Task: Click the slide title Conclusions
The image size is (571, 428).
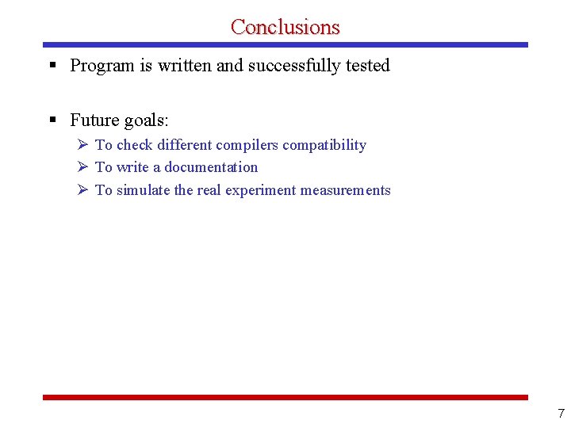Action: tap(285, 26)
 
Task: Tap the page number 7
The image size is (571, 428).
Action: tap(561, 414)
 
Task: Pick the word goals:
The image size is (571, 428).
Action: tap(146, 120)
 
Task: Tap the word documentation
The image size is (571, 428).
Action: tap(211, 167)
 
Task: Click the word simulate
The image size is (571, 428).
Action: tap(144, 190)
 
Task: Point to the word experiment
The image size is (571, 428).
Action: tap(261, 190)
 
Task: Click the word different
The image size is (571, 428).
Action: tap(185, 145)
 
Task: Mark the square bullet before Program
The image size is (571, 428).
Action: tap(52, 66)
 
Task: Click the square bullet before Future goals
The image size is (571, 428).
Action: tap(52, 120)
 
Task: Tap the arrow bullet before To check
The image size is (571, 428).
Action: tap(82, 145)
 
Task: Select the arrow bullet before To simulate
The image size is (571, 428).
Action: tap(82, 190)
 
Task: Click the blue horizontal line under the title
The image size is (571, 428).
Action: tap(285, 45)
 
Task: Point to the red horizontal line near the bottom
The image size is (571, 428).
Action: tap(285, 397)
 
